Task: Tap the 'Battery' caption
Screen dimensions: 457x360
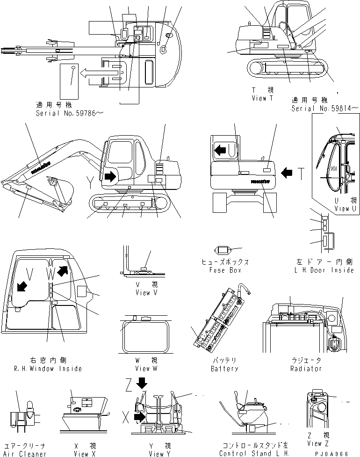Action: (x=224, y=368)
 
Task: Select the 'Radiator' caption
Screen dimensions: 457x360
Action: (x=306, y=368)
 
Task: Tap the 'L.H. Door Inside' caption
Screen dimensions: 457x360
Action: (x=324, y=270)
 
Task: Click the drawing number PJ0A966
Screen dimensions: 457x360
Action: (x=336, y=453)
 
